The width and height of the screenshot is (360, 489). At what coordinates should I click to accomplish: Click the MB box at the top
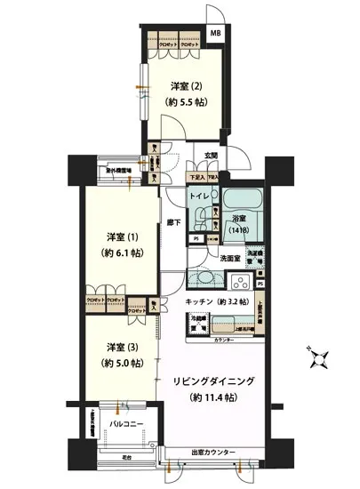[x=216, y=33]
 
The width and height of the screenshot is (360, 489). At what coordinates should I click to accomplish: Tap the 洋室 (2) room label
[x=185, y=86]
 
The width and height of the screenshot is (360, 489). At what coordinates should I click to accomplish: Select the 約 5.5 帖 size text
[x=185, y=101]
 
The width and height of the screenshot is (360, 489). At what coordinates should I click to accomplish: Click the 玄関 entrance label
[x=211, y=157]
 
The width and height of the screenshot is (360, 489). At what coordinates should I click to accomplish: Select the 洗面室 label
[x=232, y=258]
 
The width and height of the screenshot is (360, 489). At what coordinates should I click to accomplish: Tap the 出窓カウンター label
[x=212, y=453]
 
